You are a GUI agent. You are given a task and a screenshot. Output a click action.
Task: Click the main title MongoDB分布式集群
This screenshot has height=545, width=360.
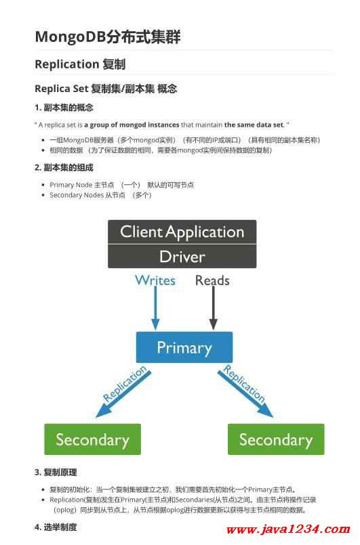point(108,37)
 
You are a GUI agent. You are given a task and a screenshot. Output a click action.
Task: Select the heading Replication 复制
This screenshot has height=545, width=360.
point(80,64)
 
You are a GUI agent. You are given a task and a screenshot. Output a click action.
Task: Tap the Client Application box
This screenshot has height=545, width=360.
point(182,232)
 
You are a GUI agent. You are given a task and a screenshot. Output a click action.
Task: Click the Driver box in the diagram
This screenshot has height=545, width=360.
point(182,257)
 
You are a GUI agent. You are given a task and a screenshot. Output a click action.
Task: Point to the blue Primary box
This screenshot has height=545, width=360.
point(184,347)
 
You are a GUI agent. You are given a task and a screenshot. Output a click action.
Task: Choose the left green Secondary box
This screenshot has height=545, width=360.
point(93,439)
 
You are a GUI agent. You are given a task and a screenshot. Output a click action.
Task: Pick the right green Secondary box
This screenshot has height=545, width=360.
point(276,439)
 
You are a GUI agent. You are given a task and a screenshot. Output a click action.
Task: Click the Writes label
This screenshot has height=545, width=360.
point(155,280)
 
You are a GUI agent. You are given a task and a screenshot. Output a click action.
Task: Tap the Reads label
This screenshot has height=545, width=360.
point(212,280)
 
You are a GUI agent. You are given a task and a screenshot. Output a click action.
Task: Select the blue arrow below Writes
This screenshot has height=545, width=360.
point(156,308)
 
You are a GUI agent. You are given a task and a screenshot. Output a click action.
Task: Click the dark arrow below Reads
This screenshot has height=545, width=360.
point(214,308)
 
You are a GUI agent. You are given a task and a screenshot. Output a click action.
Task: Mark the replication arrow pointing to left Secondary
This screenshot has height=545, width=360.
point(123,394)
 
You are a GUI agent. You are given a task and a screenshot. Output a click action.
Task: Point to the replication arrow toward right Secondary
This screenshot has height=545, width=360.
point(246,394)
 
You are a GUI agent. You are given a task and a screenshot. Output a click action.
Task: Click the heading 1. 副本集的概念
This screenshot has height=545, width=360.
point(64,108)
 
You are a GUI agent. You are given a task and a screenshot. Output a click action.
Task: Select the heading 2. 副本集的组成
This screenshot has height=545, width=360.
point(64,167)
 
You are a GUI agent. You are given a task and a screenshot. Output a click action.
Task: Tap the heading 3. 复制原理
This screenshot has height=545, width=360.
point(56,473)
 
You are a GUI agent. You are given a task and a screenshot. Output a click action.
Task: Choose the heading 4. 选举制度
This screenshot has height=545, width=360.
point(56,527)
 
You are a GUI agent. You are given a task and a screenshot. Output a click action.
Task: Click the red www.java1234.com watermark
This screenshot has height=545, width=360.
point(288,529)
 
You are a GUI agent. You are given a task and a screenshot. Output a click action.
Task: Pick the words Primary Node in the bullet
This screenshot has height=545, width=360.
point(71,185)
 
